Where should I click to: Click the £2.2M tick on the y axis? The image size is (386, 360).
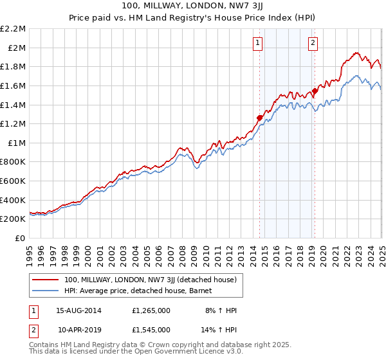13,29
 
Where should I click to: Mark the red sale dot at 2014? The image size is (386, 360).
260,118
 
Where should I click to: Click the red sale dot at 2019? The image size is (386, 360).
315,91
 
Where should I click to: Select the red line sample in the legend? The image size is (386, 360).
46,280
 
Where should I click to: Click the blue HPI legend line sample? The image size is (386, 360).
46,291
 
